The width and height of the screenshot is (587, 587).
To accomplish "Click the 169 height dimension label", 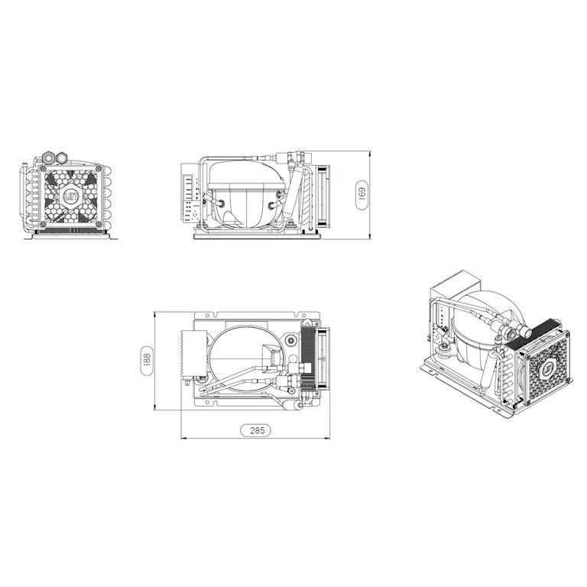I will (362, 195).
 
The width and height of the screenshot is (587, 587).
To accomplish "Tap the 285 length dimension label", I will (255, 430).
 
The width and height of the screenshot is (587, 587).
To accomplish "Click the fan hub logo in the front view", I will (70, 196).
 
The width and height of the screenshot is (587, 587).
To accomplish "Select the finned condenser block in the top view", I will (309, 355).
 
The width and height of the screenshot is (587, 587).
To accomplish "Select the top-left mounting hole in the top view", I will (204, 316).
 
